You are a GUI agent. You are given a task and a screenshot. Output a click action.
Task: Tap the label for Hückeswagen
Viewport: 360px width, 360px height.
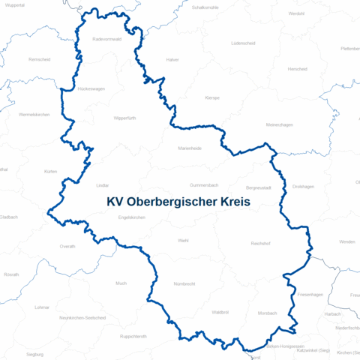[91, 88]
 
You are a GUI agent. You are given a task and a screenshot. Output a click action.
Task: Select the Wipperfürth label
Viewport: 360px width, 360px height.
[126, 118]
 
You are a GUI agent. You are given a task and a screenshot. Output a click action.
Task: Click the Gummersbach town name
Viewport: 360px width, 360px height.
[203, 184]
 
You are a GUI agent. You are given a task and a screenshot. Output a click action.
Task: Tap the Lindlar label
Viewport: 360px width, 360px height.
[103, 184]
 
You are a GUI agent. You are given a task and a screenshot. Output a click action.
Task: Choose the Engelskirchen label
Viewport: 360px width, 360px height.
[131, 217]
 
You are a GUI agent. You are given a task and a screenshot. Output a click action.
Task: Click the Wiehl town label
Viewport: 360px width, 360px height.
[183, 241]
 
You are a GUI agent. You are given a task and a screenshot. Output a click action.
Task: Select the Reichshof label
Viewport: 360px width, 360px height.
[262, 244]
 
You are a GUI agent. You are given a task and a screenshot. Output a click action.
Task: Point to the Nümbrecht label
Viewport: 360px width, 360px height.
[184, 284]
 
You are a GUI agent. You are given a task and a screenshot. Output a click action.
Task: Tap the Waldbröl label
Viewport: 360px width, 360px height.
[220, 312]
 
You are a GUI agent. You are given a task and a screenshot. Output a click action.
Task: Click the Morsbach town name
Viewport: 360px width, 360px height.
[267, 313]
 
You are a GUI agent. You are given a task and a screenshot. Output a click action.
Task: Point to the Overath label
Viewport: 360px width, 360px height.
[67, 246]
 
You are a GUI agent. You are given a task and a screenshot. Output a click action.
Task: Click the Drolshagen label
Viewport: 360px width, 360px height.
[303, 186]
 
